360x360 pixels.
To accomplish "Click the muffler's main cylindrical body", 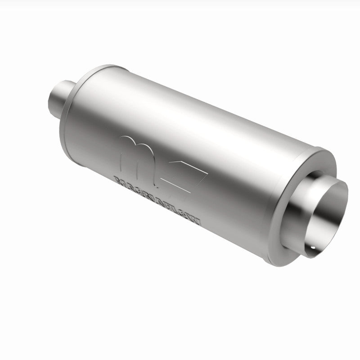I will pyautogui.click(x=202, y=135).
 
